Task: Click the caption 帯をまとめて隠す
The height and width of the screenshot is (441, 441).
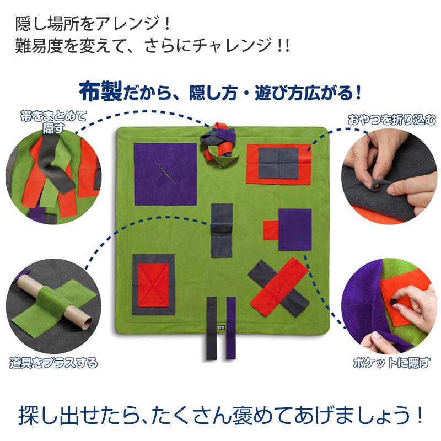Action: point(53,122)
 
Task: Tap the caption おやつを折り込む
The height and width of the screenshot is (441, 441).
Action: point(391,120)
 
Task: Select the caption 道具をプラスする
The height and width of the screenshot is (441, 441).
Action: point(53,363)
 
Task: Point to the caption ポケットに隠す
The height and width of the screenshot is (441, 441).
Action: point(391,363)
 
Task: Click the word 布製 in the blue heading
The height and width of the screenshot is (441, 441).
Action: point(101,91)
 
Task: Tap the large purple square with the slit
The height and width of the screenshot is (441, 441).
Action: point(165,174)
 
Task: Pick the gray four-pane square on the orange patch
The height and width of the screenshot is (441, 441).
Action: point(278,163)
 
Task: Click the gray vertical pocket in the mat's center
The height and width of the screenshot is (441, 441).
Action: point(222,230)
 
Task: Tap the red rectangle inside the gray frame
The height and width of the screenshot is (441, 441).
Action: point(154,284)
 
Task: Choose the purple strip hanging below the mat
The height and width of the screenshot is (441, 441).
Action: point(231,328)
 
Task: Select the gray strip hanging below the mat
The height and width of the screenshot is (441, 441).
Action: point(212,328)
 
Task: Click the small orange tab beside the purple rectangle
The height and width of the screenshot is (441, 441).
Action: point(271,230)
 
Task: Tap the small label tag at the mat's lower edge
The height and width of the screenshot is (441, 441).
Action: point(222,327)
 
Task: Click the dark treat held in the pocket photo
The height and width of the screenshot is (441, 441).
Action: point(394,302)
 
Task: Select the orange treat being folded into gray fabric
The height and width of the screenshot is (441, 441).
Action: point(378,185)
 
